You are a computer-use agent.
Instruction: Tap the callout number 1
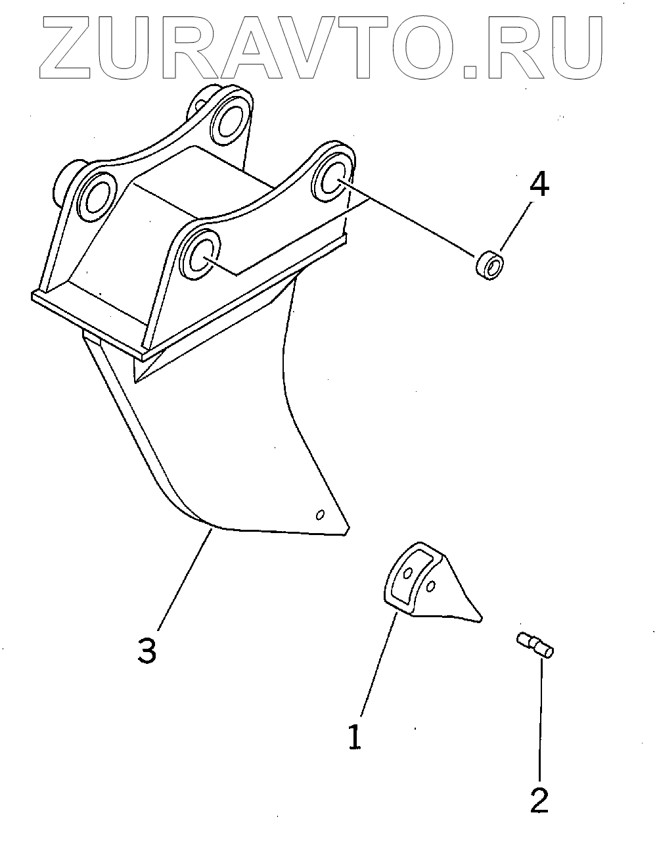(355, 737)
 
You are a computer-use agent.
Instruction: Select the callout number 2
(539, 800)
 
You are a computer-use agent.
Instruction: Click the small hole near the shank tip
(320, 514)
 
